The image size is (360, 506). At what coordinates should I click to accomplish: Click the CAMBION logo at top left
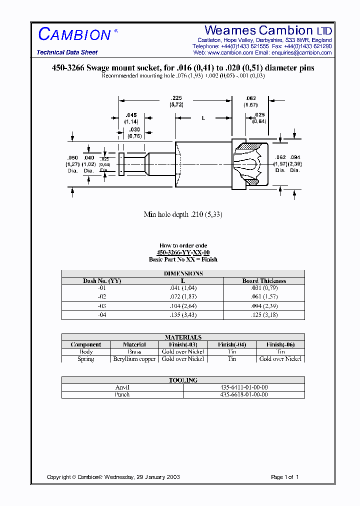click(x=75, y=34)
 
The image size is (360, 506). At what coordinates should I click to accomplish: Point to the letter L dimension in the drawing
click(x=203, y=118)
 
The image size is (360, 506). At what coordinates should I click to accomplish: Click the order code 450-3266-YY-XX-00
click(x=183, y=252)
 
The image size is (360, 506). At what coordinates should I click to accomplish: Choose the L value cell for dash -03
click(x=183, y=305)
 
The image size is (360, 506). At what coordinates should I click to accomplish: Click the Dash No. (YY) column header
click(x=102, y=281)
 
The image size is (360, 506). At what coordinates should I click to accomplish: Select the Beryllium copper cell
click(x=134, y=359)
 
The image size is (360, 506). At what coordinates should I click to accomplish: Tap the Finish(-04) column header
click(x=232, y=344)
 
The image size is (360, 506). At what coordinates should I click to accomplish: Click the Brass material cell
click(x=134, y=352)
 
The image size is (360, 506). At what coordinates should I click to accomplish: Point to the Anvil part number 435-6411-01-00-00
click(x=244, y=387)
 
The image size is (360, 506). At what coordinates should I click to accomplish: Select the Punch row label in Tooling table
click(x=122, y=394)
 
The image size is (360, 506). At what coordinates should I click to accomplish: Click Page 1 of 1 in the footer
click(x=284, y=477)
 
